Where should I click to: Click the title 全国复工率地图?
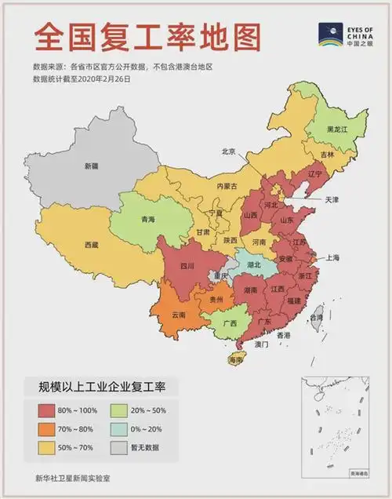(147, 36)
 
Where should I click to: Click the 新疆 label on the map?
(92, 166)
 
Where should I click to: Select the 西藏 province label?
(92, 245)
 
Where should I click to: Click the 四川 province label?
(187, 266)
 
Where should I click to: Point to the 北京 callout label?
(228, 151)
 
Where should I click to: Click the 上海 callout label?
(332, 257)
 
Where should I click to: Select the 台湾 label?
(317, 318)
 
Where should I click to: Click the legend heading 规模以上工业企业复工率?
(98, 386)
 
